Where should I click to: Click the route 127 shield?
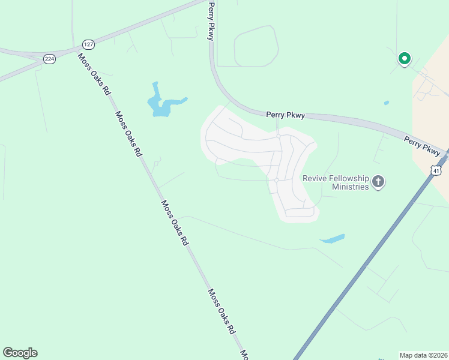pyautogui.click(x=88, y=45)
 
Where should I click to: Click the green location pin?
pyautogui.click(x=405, y=59)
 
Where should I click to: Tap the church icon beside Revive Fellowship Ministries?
pyautogui.click(x=378, y=181)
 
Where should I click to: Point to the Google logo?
pyautogui.click(x=20, y=353)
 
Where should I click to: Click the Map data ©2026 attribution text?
pyautogui.click(x=423, y=355)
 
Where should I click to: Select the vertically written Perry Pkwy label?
pyautogui.click(x=211, y=21)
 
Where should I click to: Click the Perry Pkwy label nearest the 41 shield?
pyautogui.click(x=421, y=145)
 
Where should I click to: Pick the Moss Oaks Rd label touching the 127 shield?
pyautogui.click(x=95, y=74)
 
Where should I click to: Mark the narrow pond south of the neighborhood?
pyautogui.click(x=333, y=239)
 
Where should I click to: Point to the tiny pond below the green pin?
pyautogui.click(x=386, y=103)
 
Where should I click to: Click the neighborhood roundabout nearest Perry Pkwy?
pyautogui.click(x=279, y=136)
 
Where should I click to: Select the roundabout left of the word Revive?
pyautogui.click(x=276, y=180)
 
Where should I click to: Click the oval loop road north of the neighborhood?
pyautogui.click(x=256, y=46)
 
